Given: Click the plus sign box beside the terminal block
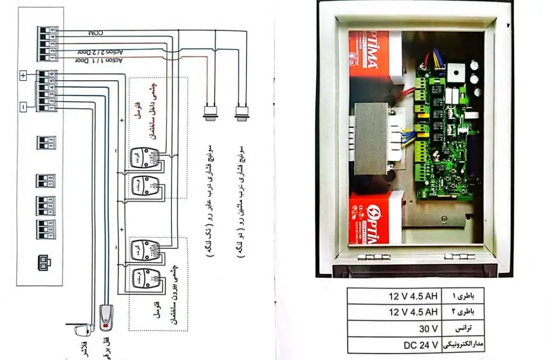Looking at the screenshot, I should [x=23, y=75].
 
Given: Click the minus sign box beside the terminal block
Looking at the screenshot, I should [x=23, y=107].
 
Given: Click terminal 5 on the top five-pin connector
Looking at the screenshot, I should [x=53, y=29].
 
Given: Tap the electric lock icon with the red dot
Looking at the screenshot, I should [x=107, y=319].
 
